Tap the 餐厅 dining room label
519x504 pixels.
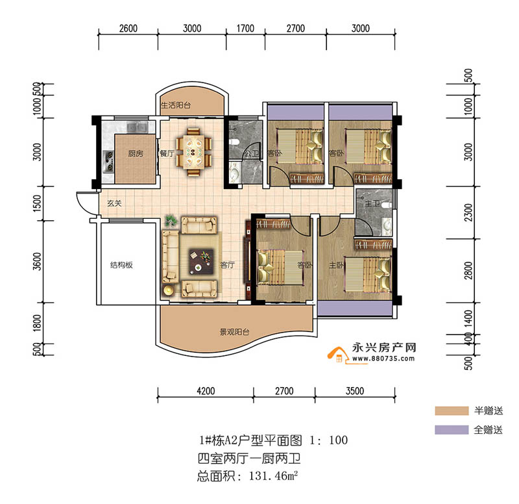click(166, 155)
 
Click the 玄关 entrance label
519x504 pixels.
click(115, 204)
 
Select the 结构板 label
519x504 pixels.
click(121, 265)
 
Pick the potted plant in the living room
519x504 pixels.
click(171, 221)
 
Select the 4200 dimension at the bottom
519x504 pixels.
click(206, 391)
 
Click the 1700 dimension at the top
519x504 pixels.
click(245, 28)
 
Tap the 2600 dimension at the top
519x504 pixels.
click(128, 28)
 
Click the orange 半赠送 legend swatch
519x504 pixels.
click(452, 411)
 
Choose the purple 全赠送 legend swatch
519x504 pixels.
click(452, 430)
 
